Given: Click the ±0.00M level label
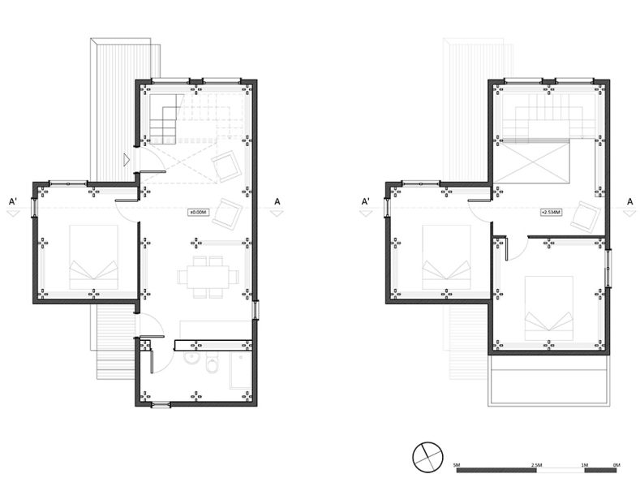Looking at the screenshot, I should coord(200,213).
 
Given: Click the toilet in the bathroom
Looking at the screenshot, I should coord(212,368).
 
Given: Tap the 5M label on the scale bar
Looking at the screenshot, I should coord(457,465).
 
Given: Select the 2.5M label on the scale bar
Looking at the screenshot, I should coord(535,465).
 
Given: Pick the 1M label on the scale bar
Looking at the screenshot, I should coord(585,465).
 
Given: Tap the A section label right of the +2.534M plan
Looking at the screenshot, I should coord(629,200).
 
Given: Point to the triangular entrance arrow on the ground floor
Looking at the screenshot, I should coord(126,160).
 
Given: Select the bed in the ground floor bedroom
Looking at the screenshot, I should coord(93,257).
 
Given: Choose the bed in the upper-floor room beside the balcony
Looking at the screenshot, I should coord(549,309).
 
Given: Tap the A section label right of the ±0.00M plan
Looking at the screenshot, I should coord(277,200).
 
